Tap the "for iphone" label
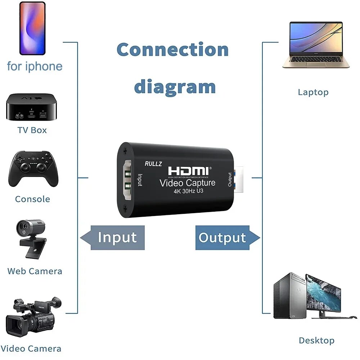[x=35, y=66]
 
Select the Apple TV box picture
[x=31, y=107]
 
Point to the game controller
[x=33, y=168]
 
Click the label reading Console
[x=32, y=199]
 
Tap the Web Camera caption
[x=35, y=271]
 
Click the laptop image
[x=316, y=45]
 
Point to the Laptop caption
[x=313, y=92]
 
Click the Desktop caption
[x=316, y=340]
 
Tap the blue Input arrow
[x=113, y=238]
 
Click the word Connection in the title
[x=172, y=50]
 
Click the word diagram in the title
[x=175, y=87]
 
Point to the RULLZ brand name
[x=153, y=163]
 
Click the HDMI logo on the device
[x=188, y=170]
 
